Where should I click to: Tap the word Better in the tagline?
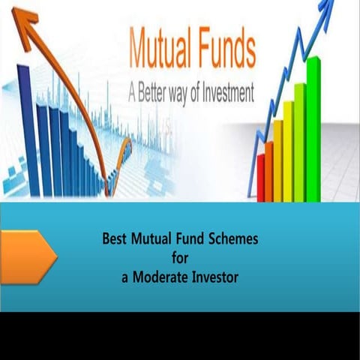coord(159,94)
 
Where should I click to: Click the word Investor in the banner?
coord(215,277)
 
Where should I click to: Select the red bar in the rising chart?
coord(261,177)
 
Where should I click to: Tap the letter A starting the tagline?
coord(133,94)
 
